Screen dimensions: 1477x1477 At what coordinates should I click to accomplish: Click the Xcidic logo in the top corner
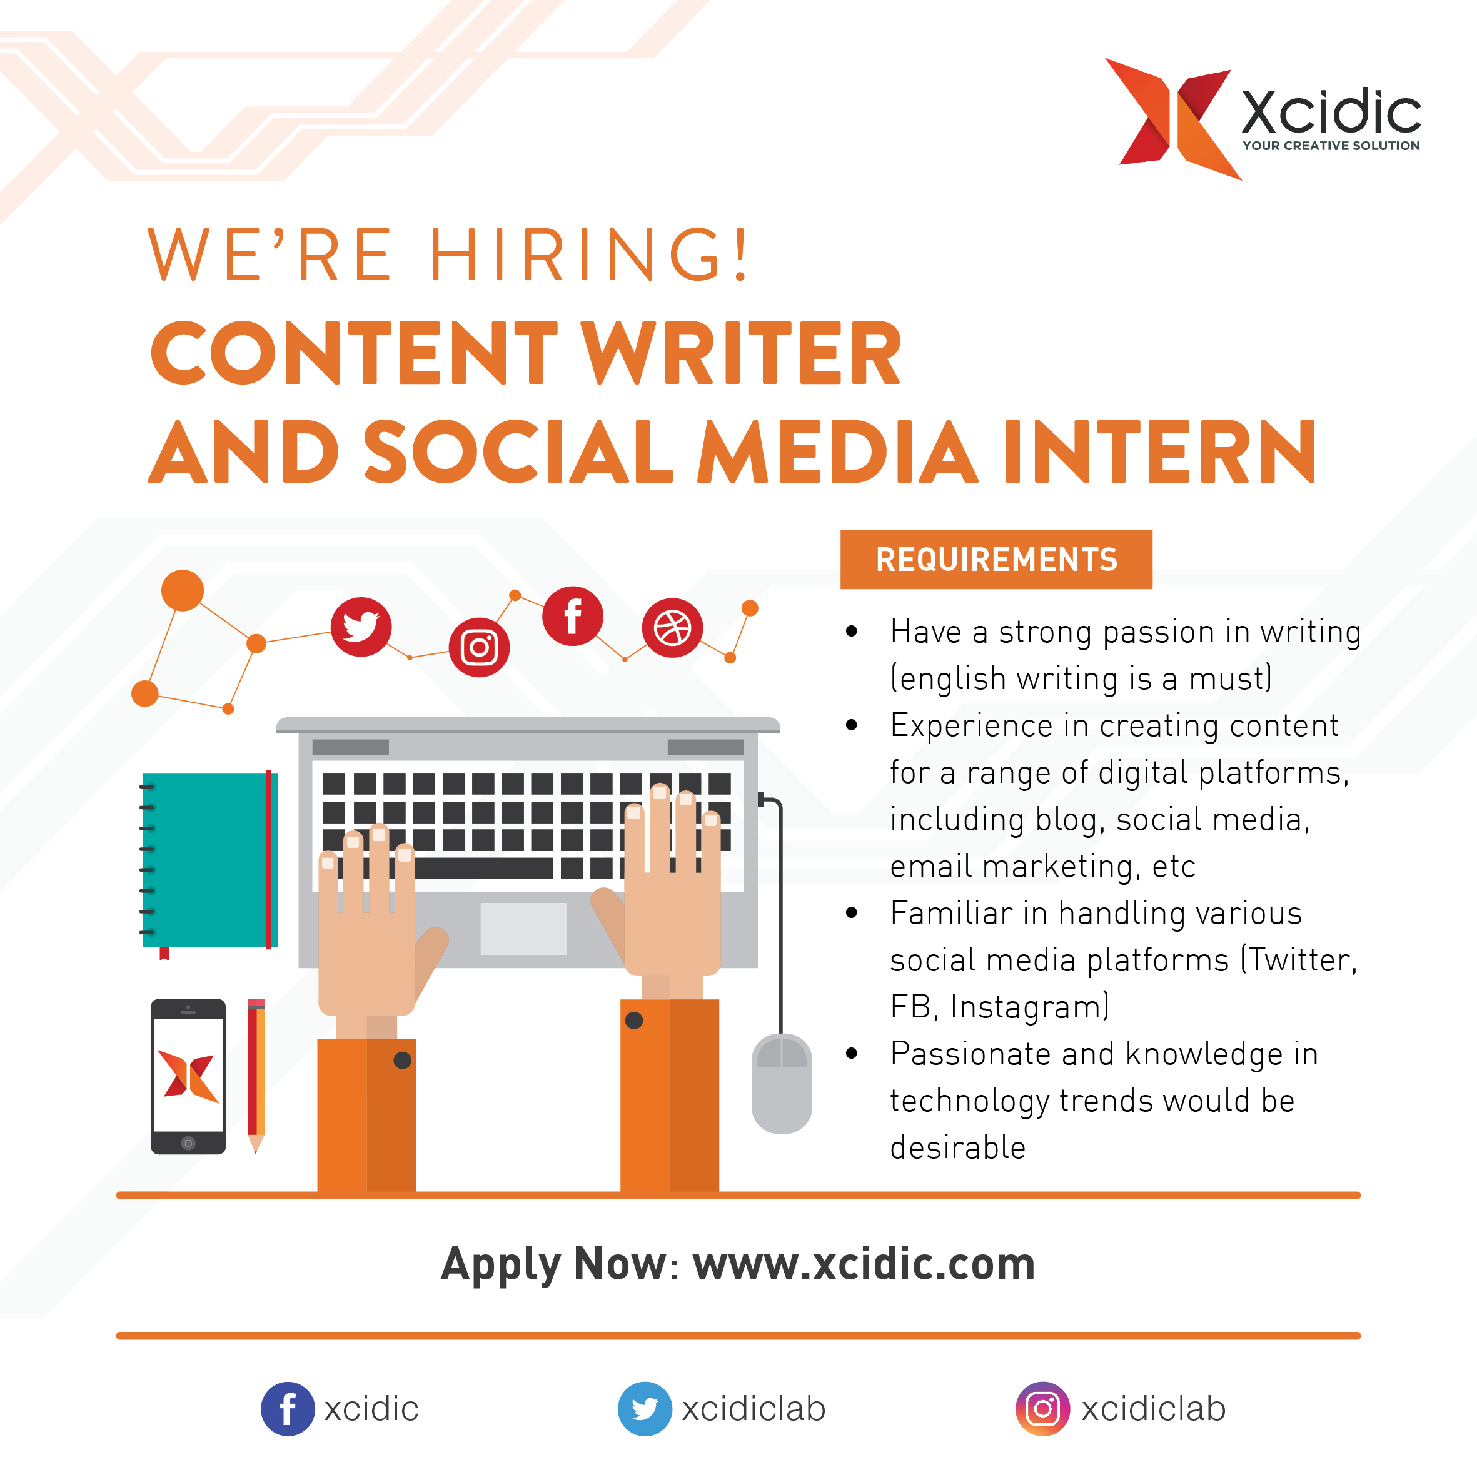point(1262,119)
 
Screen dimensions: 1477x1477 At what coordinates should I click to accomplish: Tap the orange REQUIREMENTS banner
point(996,559)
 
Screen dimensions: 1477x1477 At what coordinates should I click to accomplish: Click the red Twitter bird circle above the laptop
point(361,627)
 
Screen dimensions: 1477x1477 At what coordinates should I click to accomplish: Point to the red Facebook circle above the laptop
point(573,616)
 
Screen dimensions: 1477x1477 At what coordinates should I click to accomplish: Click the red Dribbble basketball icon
point(672,628)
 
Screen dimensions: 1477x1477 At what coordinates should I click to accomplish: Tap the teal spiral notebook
point(208,862)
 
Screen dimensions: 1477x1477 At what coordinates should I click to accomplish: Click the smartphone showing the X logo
point(188,1076)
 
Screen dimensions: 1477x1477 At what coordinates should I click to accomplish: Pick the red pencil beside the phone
point(256,1075)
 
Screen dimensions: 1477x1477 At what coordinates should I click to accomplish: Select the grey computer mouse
point(781,1083)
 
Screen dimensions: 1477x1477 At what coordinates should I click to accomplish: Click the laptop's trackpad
point(523,929)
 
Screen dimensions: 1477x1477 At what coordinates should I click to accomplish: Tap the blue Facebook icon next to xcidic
point(288,1409)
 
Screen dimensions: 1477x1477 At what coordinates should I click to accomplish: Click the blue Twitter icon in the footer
point(645,1409)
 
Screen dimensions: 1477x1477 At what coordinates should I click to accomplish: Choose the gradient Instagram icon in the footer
point(1043,1409)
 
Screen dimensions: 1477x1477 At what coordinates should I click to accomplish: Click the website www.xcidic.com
point(864,1264)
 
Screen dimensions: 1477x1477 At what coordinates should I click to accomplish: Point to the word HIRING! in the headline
point(588,255)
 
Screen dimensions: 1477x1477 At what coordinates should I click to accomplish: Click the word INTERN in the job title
point(1161,452)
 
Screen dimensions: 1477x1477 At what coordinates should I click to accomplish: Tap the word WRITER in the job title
point(742,353)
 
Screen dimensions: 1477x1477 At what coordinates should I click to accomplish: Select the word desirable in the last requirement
point(958,1147)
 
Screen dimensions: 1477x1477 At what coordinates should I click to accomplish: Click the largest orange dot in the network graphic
point(183,590)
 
